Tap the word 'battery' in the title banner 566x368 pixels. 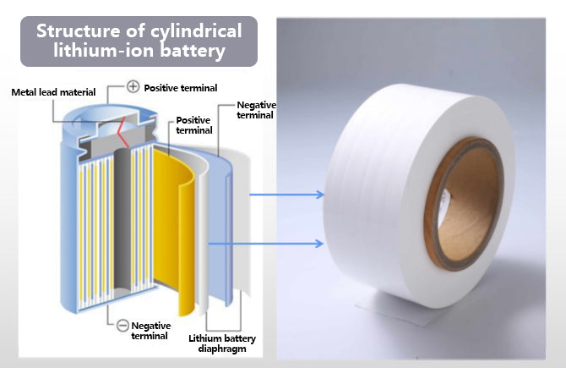199,52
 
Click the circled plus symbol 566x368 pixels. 133,86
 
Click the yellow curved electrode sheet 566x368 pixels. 180,228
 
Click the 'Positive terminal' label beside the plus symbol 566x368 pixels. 180,87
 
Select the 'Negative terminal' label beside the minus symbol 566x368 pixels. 151,331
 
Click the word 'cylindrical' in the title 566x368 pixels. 195,32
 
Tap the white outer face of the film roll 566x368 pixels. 372,195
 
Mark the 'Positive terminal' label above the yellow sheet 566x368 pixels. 192,126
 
